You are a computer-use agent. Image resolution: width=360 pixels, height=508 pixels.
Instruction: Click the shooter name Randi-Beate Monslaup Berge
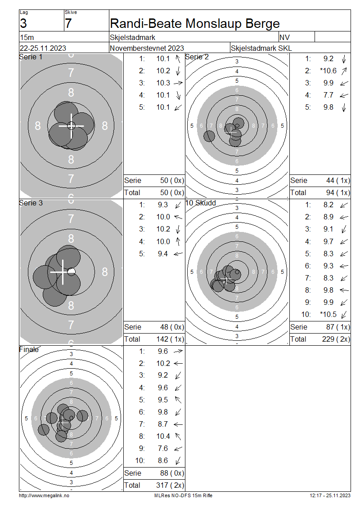coord(194,24)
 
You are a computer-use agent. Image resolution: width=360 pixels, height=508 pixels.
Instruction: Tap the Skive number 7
coord(68,24)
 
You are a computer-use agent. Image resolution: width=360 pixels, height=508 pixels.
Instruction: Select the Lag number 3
coord(23,24)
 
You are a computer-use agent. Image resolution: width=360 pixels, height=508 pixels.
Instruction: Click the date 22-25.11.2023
coord(43,48)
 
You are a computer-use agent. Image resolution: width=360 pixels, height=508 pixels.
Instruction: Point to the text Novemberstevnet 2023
coord(147,48)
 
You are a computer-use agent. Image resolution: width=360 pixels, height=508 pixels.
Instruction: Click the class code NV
coord(284,37)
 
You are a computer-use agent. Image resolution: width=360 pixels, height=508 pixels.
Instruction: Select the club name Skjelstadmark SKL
coord(261,48)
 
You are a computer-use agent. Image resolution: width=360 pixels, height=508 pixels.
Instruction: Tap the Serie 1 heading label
coord(31,57)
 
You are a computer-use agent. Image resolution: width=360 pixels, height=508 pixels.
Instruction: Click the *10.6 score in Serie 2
coord(328,71)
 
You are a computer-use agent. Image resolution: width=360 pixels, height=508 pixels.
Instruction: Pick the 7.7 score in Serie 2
coord(328,95)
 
